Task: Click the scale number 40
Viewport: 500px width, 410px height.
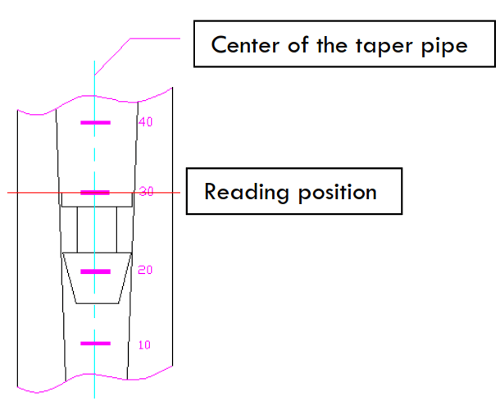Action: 146,122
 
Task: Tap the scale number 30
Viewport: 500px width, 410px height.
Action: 146,192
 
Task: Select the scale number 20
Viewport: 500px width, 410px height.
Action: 146,271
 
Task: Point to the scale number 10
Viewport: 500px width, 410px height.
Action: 144,344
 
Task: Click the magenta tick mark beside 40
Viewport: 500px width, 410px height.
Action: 95,123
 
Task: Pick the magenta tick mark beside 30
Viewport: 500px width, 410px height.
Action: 95,193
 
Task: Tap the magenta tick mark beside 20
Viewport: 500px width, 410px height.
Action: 95,271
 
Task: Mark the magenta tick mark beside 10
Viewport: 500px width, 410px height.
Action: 95,344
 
